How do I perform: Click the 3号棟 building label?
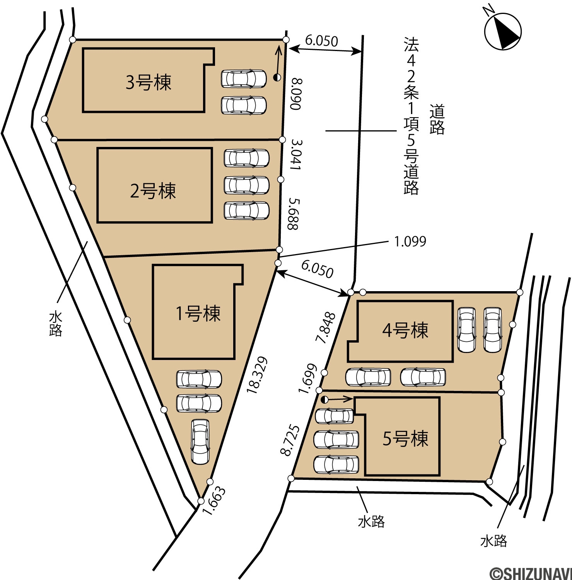(x=149, y=82)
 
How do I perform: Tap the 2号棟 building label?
(x=153, y=191)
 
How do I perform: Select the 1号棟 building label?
(x=198, y=313)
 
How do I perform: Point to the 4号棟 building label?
(x=405, y=330)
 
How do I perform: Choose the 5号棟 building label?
(x=405, y=438)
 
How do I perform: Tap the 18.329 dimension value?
(x=257, y=375)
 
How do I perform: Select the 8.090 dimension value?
(x=296, y=94)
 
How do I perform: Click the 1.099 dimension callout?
(x=410, y=241)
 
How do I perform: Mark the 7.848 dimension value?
(x=326, y=328)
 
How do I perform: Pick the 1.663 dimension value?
(x=213, y=501)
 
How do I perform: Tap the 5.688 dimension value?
(x=293, y=214)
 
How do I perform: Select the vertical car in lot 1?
(x=200, y=442)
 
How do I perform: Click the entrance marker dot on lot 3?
(x=277, y=77)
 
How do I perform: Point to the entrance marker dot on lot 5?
(x=324, y=399)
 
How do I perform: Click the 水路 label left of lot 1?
(x=56, y=324)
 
